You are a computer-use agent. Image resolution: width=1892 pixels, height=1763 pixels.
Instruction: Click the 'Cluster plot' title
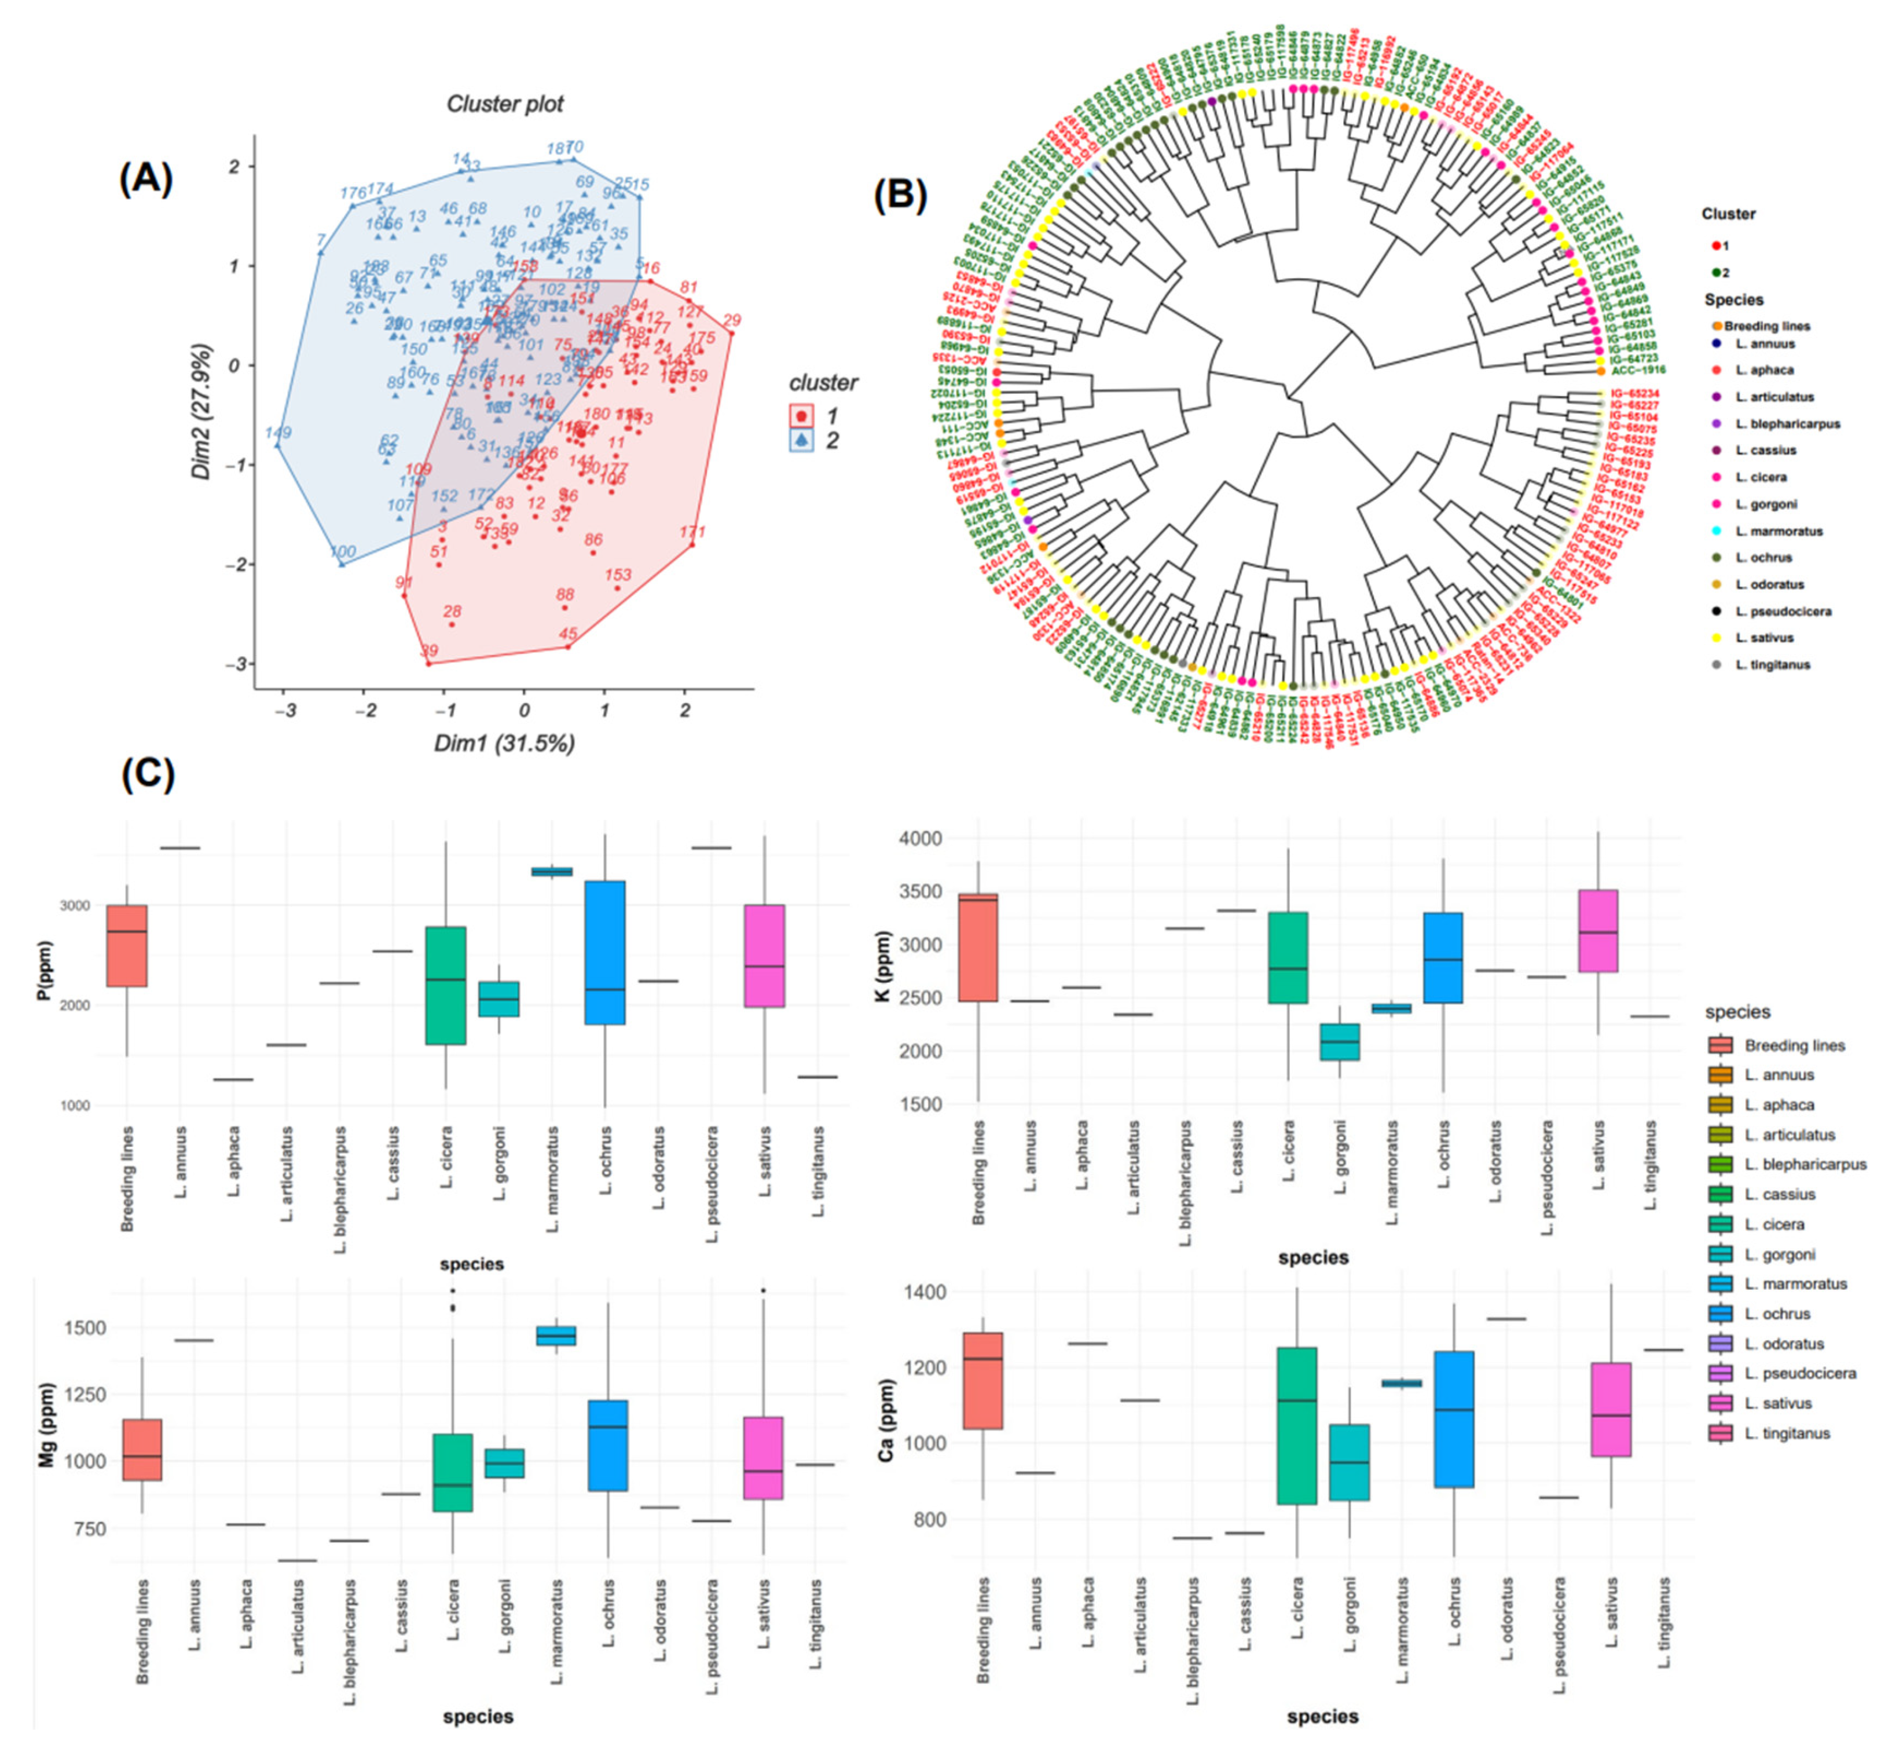click(x=505, y=104)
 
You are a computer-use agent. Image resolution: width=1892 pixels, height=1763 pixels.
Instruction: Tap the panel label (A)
click(x=146, y=178)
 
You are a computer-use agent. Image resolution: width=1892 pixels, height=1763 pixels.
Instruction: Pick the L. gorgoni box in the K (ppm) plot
click(x=1340, y=1041)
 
